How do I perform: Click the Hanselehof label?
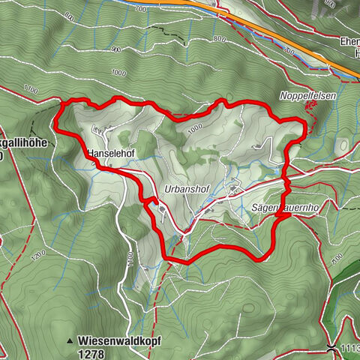click(x=110, y=154)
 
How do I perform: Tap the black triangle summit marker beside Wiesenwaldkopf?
click(x=70, y=340)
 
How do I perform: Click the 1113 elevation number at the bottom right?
click(x=349, y=349)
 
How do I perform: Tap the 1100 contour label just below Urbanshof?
click(x=130, y=259)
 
